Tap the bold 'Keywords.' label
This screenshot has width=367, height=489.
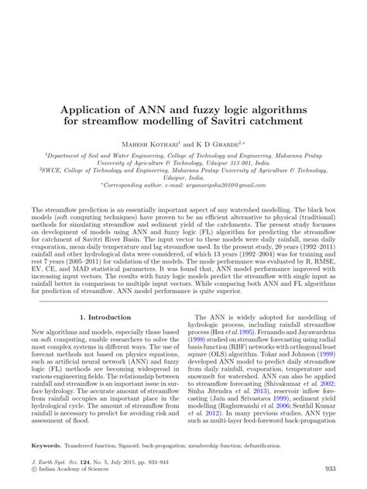coord(46,446)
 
